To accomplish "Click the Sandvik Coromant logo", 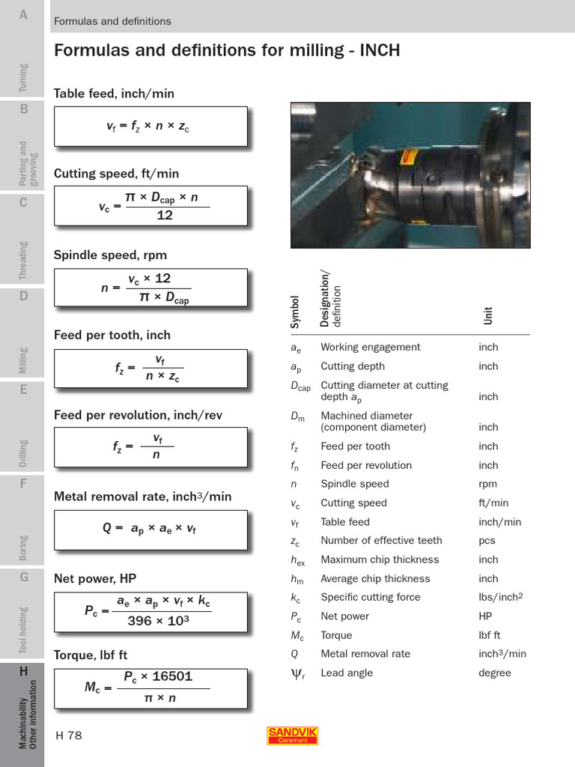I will pos(292,736).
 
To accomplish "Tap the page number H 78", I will pos(69,736).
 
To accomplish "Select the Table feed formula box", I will pos(150,127).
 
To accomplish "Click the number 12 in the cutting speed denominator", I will pos(165,215).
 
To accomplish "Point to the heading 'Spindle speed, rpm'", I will pos(110,255).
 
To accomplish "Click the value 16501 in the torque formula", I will pos(171,676).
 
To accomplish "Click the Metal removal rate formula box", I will pos(150,530).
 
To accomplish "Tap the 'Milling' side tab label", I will pos(24,360).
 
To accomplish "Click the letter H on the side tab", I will pos(23,671).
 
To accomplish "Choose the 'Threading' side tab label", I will pos(24,260).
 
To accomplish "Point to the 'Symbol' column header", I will pos(295,311).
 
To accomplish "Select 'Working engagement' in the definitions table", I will pos(370,347).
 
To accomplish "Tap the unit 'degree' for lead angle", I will pos(494,673).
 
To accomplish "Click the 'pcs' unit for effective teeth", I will pos(487,540).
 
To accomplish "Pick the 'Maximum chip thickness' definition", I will pos(380,560).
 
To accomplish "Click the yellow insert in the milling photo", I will pos(407,157).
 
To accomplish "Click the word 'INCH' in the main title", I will pos(380,50).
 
